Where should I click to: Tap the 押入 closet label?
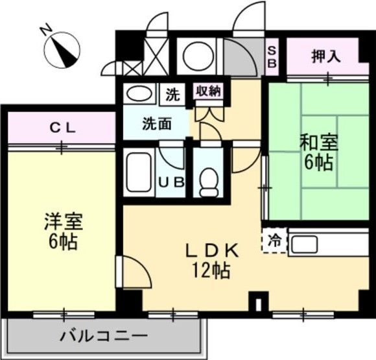tap(325, 57)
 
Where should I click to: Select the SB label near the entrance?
tap(272, 57)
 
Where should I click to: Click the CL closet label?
tap(63, 128)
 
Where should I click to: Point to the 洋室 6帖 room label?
tap(62, 232)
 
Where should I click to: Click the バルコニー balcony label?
tap(104, 336)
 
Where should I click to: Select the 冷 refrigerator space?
tap(273, 241)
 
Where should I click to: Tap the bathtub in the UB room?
tap(138, 171)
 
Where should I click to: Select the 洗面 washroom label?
tap(157, 123)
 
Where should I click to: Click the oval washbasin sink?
tap(137, 93)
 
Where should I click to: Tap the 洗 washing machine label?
tap(172, 94)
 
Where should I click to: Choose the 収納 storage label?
tap(208, 91)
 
